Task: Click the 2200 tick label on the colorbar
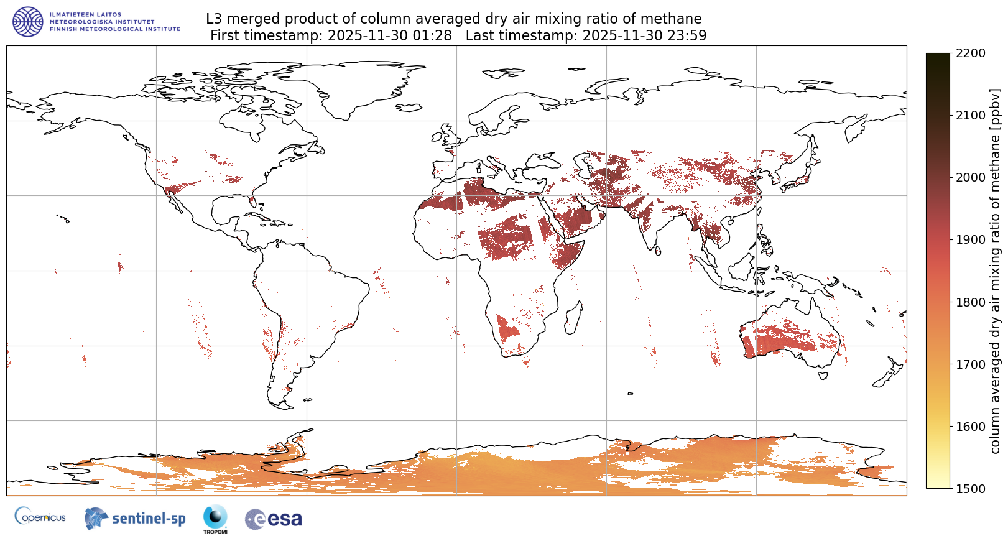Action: click(x=971, y=53)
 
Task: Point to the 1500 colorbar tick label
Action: click(x=971, y=489)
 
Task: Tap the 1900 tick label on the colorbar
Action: click(x=971, y=240)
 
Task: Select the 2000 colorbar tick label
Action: click(x=971, y=178)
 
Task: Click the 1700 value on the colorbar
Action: click(x=971, y=364)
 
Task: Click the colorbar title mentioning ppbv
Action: click(x=996, y=271)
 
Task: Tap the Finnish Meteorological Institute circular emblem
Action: click(x=28, y=22)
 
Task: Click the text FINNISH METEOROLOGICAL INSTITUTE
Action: click(x=115, y=29)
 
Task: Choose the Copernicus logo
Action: click(x=40, y=517)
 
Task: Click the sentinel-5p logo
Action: click(x=135, y=518)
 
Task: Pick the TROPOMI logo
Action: click(x=215, y=519)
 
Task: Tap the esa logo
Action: click(x=274, y=519)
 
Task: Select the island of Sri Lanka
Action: click(x=658, y=251)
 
